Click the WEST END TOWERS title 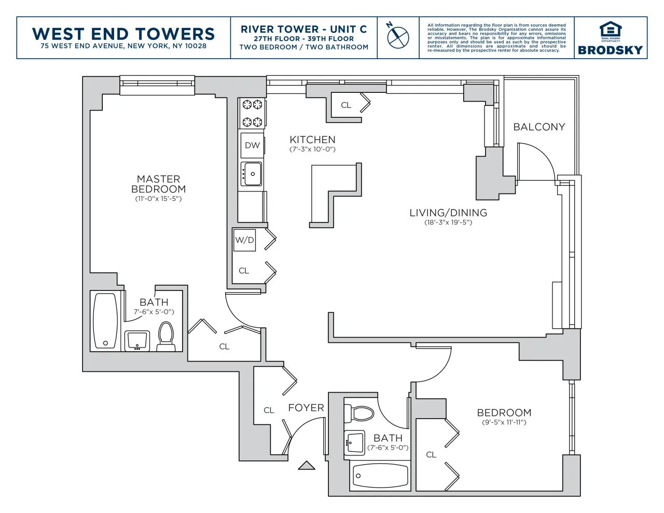pos(123,34)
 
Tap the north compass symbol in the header pos(398,37)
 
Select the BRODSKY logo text pos(610,50)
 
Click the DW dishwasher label pos(252,145)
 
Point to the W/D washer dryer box pos(244,240)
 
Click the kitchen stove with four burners pos(252,113)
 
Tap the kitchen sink pos(252,174)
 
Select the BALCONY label pos(539,127)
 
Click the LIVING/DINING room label pos(448,213)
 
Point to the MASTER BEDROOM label pos(158,184)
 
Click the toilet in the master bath pos(166,337)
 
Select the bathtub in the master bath pos(105,321)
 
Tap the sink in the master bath pos(137,341)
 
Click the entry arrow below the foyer pos(307,465)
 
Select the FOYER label pos(306,408)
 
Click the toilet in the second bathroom pos(362,413)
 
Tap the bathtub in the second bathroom pos(380,475)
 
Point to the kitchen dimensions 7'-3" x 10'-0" pos(312,149)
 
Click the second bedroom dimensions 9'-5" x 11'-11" pos(504,422)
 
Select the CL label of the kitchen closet pos(346,105)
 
